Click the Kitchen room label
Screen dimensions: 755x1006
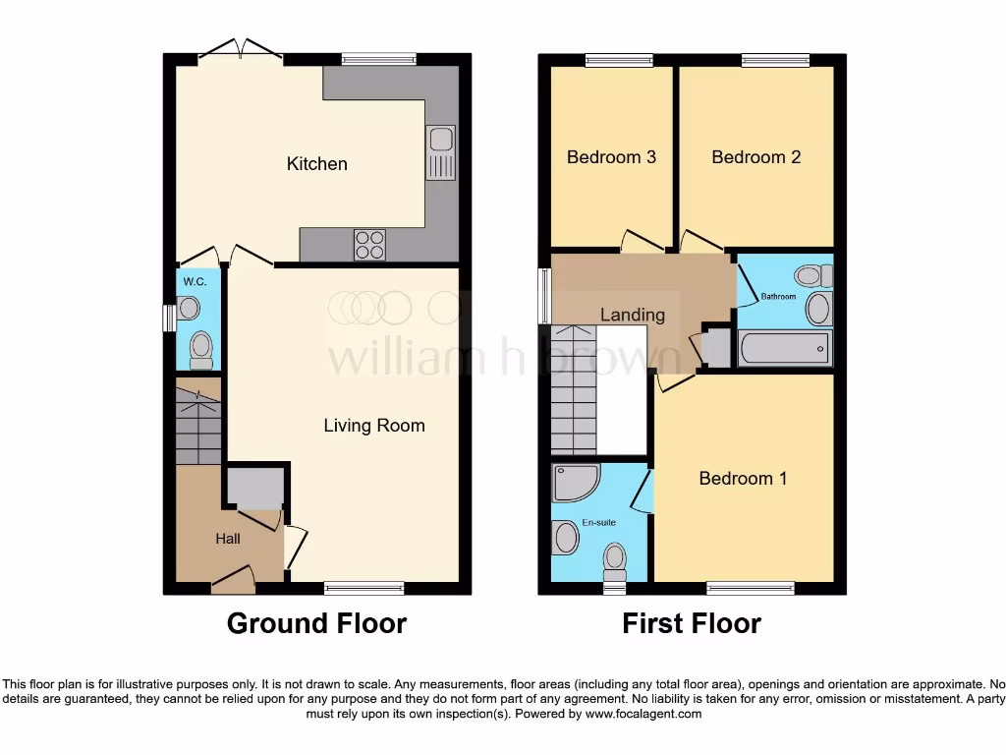pyautogui.click(x=316, y=164)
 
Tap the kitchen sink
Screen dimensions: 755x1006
pyautogui.click(x=439, y=152)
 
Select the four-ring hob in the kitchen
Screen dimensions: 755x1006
pyautogui.click(x=369, y=243)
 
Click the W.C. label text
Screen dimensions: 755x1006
pyautogui.click(x=195, y=282)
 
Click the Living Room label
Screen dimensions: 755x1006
pyautogui.click(x=374, y=426)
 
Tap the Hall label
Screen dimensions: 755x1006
pyautogui.click(x=228, y=539)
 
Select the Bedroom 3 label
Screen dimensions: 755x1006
pyautogui.click(x=611, y=157)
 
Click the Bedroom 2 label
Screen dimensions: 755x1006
pyautogui.click(x=755, y=157)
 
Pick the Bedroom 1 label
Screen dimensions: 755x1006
pyautogui.click(x=743, y=479)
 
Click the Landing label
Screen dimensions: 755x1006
pyautogui.click(x=633, y=316)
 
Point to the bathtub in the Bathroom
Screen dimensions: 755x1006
pyautogui.click(x=783, y=349)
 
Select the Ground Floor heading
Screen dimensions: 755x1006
pyautogui.click(x=316, y=623)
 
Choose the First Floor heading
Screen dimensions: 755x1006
pyautogui.click(x=691, y=623)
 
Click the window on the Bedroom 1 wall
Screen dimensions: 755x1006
pyautogui.click(x=751, y=588)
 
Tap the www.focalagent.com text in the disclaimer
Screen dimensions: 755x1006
pyautogui.click(x=643, y=715)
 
